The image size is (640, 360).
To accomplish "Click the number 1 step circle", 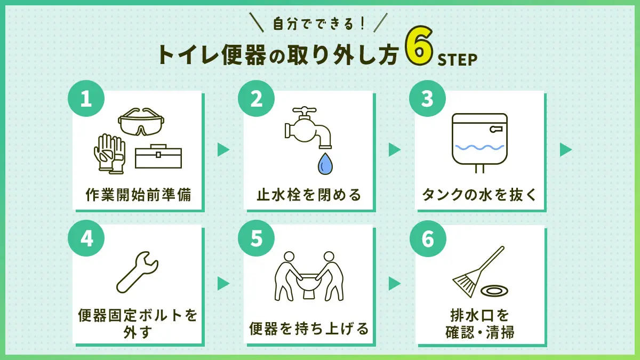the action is (x=86, y=98).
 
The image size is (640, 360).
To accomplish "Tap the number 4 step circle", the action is (x=86, y=238).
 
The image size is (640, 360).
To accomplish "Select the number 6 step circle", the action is (x=428, y=238).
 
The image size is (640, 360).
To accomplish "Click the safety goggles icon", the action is (x=141, y=122).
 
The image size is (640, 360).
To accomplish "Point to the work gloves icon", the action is (x=110, y=154).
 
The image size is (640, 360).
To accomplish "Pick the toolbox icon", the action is (x=158, y=156).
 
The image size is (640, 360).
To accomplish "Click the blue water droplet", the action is (x=325, y=164).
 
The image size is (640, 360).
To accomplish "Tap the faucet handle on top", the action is (x=305, y=110).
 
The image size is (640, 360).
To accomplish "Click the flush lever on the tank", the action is (x=496, y=130).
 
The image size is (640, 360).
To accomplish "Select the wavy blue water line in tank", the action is (x=479, y=147).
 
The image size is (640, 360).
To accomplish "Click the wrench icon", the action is (x=137, y=273).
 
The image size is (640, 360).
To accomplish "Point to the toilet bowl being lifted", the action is (x=309, y=286).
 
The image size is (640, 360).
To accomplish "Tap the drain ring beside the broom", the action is (x=494, y=291).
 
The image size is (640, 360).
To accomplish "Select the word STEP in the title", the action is (x=458, y=60).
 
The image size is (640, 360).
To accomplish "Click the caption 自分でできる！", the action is (x=319, y=24).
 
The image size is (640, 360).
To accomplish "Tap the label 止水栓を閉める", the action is (x=309, y=195).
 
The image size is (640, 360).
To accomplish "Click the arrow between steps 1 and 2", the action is (x=223, y=150).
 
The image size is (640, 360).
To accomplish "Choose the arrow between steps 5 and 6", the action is (x=395, y=284).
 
